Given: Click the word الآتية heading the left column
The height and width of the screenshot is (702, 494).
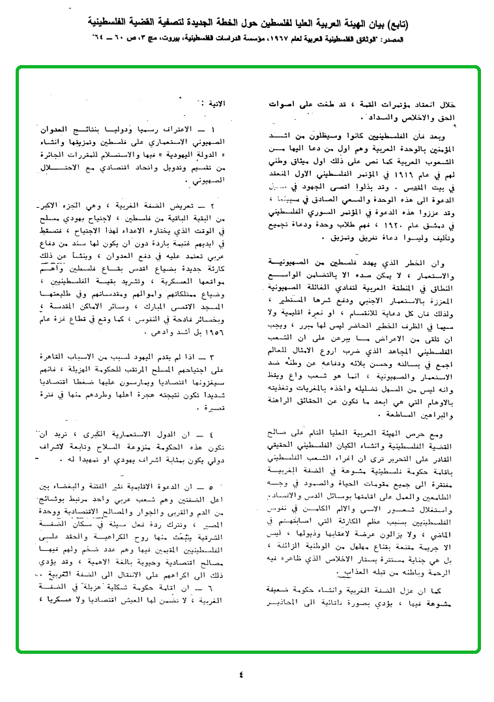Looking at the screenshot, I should (x=215, y=104).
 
